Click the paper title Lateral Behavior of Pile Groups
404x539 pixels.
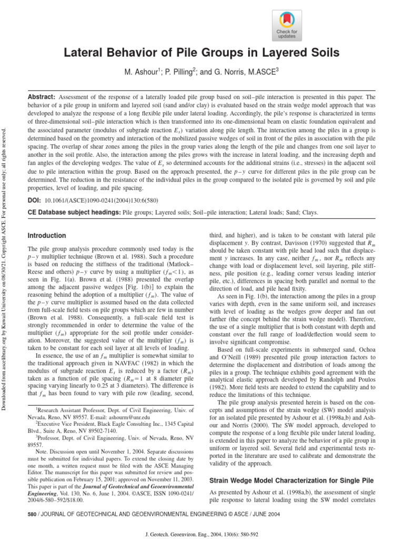201,53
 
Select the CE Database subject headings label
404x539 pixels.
74,213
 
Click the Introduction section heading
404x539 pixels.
47,235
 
